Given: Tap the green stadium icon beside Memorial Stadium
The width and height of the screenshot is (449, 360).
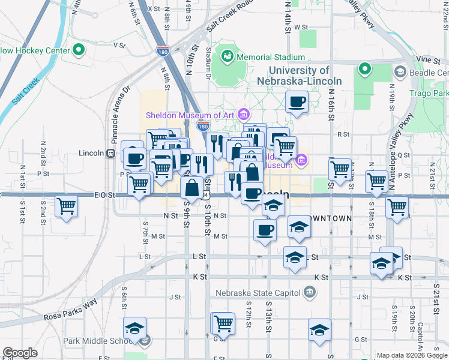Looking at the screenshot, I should [x=228, y=57].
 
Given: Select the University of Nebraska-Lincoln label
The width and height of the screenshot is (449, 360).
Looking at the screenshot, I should [x=299, y=76].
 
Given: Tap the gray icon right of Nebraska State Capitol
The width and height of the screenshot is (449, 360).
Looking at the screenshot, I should [x=309, y=293].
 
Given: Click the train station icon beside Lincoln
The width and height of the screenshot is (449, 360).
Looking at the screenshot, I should [x=110, y=152].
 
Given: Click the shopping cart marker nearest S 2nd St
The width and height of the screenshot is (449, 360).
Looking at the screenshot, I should [x=66, y=206].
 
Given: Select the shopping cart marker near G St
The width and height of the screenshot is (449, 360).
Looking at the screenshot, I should [x=223, y=323].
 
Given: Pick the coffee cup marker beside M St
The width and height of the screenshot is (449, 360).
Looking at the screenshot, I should [x=265, y=230].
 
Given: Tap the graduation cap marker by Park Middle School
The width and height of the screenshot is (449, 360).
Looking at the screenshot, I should [x=134, y=328].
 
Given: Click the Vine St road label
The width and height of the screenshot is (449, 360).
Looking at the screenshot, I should [x=428, y=60].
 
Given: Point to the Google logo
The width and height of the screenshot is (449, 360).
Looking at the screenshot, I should [x=20, y=353].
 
